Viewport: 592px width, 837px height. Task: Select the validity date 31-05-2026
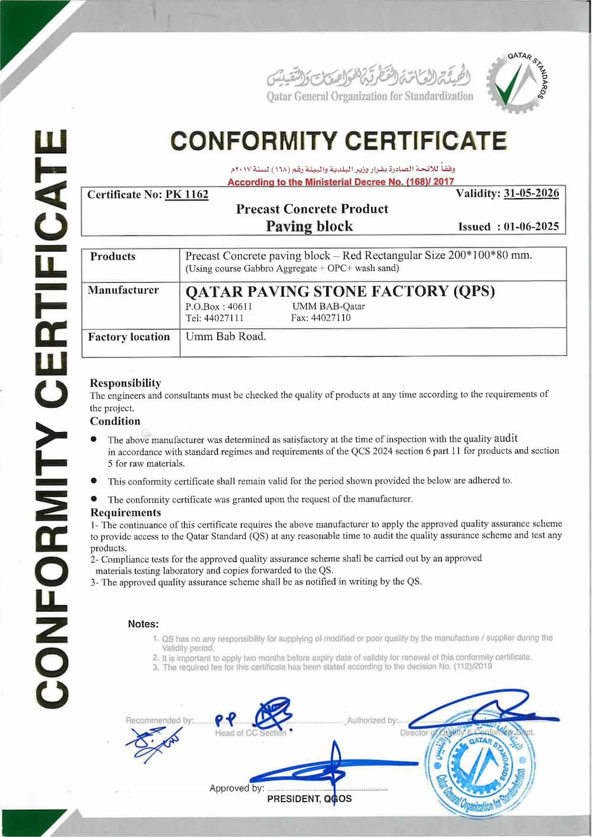tap(531, 193)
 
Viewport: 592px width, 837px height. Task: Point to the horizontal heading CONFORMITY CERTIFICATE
tap(339, 141)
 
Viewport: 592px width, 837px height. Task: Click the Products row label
tap(112, 256)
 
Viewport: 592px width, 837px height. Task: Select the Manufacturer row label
tap(123, 290)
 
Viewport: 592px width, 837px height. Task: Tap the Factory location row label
tap(129, 337)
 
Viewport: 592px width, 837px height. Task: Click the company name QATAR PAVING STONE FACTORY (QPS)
tap(340, 291)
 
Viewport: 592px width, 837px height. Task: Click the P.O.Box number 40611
tap(240, 306)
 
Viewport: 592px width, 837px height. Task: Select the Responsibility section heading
tap(126, 383)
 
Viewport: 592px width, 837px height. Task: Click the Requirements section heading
tap(126, 512)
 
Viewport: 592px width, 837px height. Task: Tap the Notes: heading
tap(143, 624)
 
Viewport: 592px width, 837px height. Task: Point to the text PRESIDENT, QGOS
tap(309, 799)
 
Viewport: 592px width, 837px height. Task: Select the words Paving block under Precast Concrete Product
tap(309, 226)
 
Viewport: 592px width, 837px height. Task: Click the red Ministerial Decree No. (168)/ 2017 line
tap(341, 182)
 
